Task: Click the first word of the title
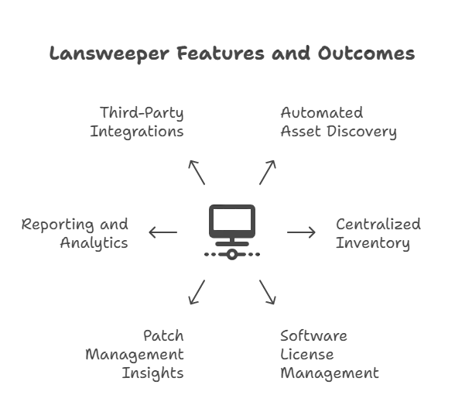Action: tap(96, 56)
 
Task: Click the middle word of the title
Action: tap(227, 56)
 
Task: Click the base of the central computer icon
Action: tap(232, 253)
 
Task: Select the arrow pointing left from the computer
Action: tap(165, 232)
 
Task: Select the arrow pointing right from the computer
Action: tap(299, 232)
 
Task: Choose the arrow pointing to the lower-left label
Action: tap(198, 294)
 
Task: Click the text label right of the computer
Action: tap(377, 234)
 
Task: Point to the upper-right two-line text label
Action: tap(338, 124)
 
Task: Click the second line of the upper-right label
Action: tap(338, 134)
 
